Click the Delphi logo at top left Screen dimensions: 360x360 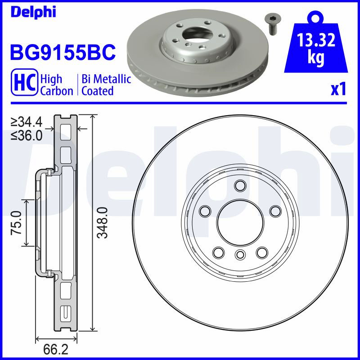coord(33,12)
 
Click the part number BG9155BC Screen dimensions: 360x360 coord(63,52)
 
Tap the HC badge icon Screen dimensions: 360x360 coord(24,82)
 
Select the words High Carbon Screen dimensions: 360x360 coord(57,85)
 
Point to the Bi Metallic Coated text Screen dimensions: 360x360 coord(106,85)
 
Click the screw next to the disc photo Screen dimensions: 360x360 coord(272,24)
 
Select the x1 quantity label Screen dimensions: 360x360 coord(338,90)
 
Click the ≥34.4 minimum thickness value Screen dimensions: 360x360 coord(27,121)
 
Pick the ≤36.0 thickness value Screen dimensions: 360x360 coord(27,136)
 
